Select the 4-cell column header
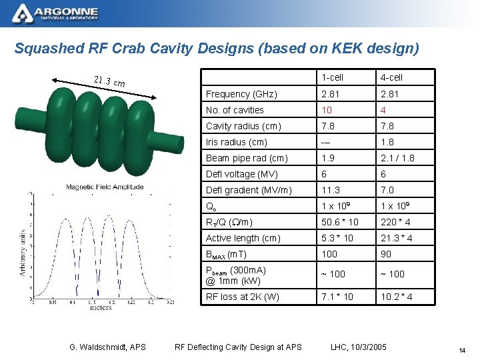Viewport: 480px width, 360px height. point(391,78)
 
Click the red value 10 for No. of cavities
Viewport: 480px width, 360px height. point(327,110)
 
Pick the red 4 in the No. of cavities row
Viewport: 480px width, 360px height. point(383,110)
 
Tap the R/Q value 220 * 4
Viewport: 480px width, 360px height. point(395,222)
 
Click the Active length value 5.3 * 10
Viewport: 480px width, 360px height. point(337,238)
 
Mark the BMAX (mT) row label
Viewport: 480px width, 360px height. point(226,254)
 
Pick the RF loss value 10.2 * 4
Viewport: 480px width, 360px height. point(396,297)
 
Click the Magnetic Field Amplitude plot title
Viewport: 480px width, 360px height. point(105,187)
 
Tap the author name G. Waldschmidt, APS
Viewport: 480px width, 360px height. point(108,346)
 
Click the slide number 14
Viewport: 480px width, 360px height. point(461,351)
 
